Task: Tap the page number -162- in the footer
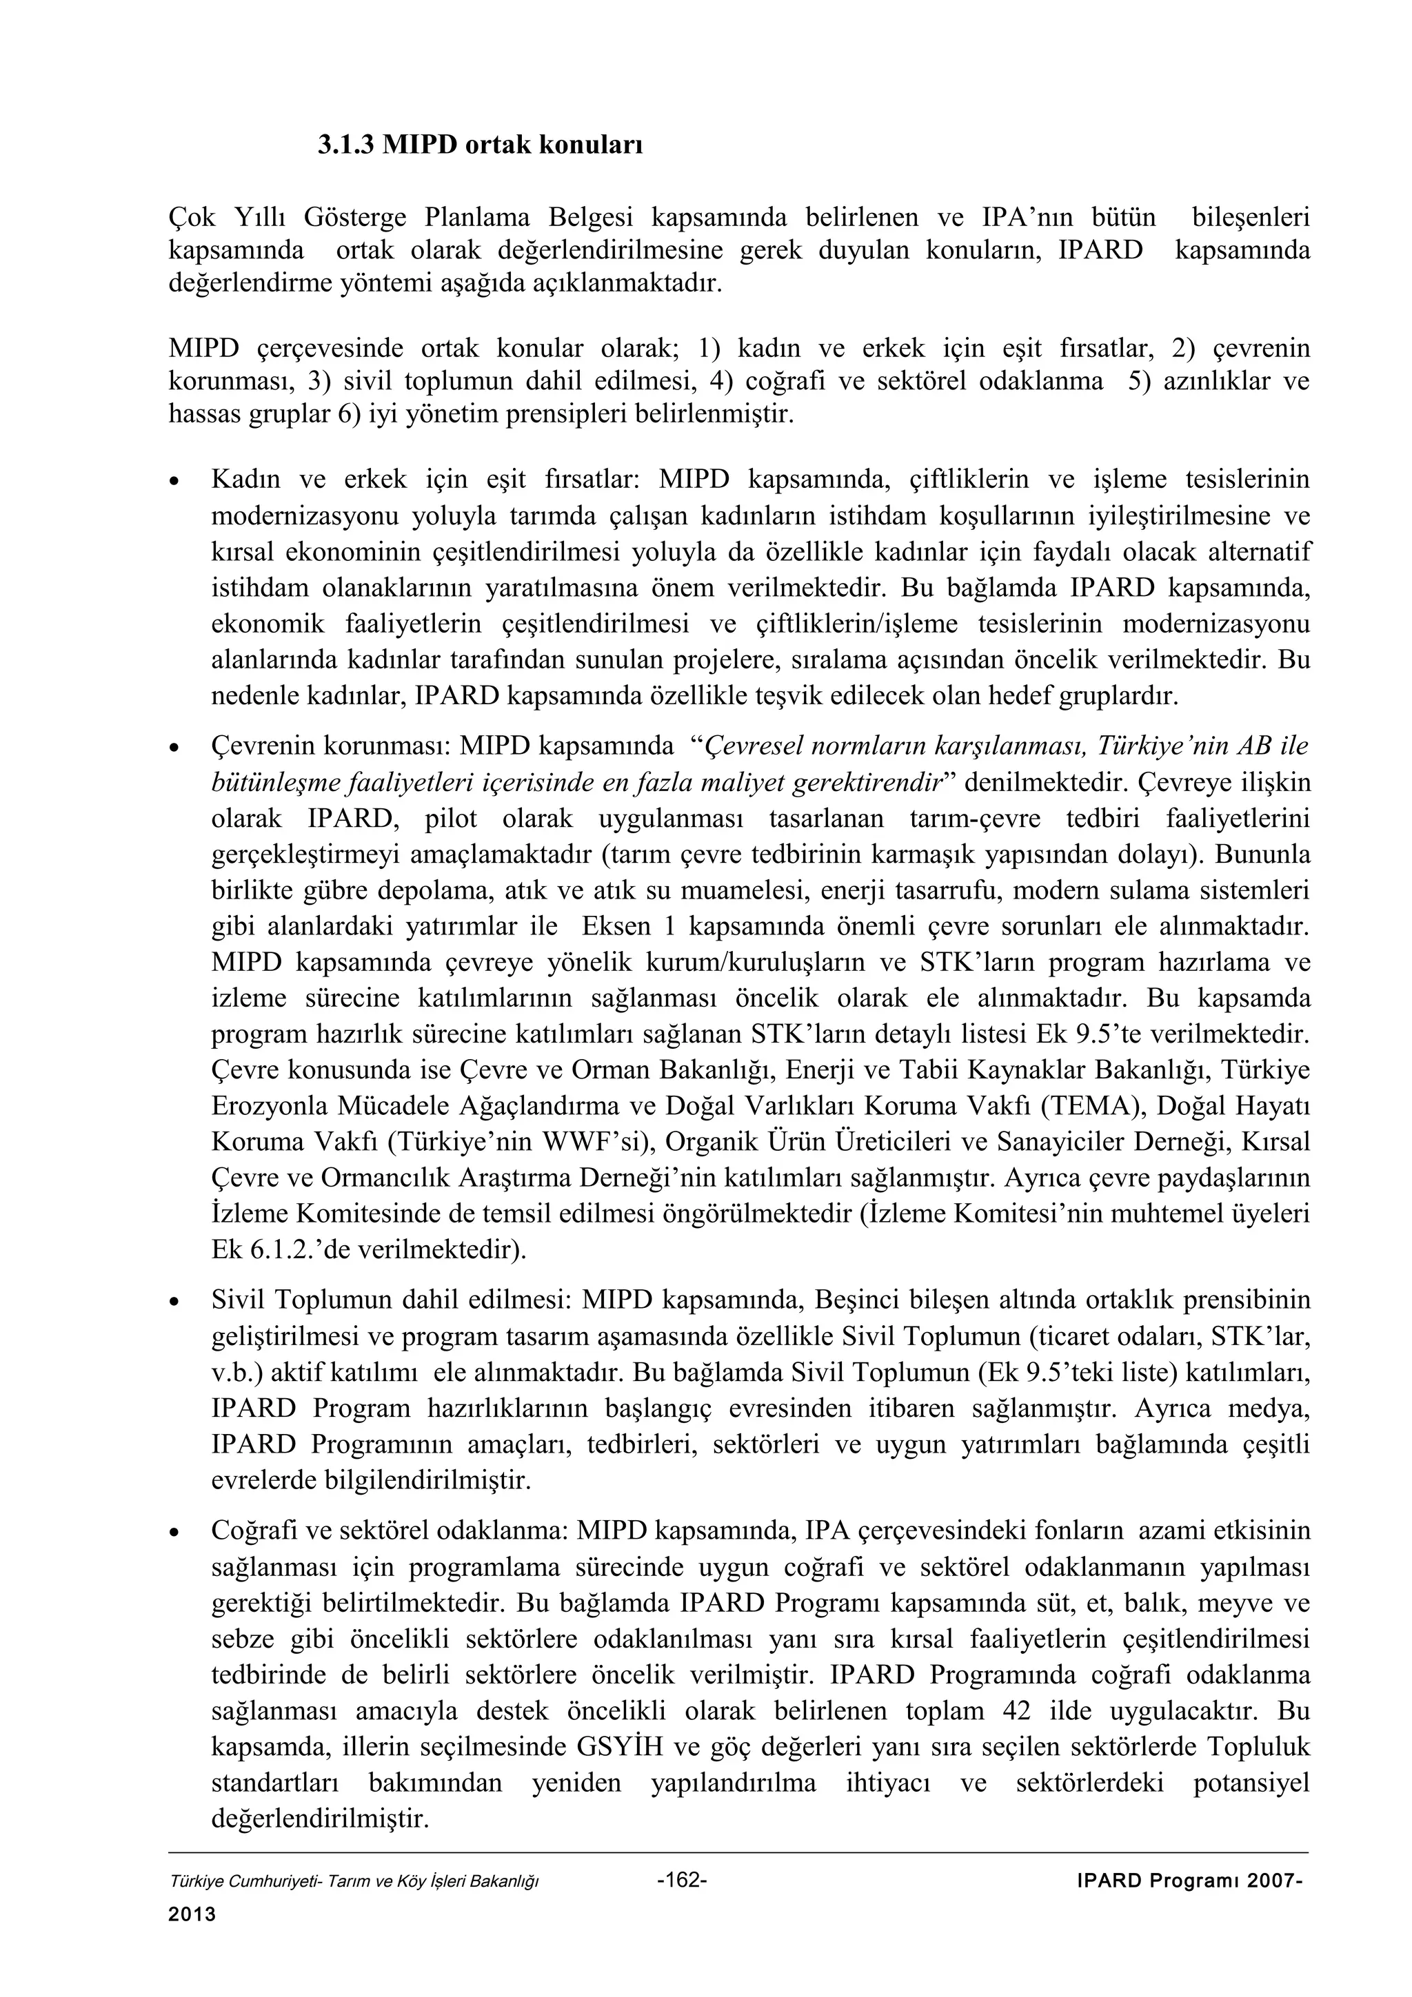pos(682,1881)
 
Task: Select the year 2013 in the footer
pos(192,1914)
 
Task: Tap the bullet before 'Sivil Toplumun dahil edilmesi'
pos(176,1303)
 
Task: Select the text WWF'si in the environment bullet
pos(588,1142)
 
